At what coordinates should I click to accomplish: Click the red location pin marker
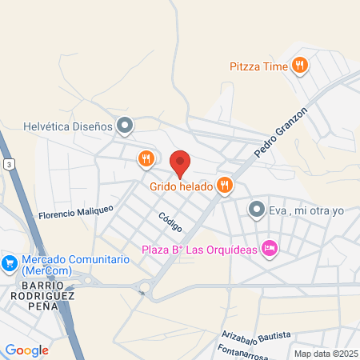click(x=180, y=163)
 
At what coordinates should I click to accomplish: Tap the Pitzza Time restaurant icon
click(x=300, y=66)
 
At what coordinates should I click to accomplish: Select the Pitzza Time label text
click(x=258, y=66)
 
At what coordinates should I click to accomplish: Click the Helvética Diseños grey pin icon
click(x=125, y=125)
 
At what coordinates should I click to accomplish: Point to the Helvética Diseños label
click(x=68, y=125)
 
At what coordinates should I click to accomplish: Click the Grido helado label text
click(x=180, y=186)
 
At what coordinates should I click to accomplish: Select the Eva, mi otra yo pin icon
click(x=257, y=210)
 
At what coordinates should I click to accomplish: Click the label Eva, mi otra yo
click(x=306, y=210)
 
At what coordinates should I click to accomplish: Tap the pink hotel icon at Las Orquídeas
click(x=270, y=249)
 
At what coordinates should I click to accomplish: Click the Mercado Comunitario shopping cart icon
click(x=10, y=262)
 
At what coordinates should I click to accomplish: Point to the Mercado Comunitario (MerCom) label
click(x=75, y=266)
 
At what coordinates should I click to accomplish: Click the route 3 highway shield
click(x=8, y=164)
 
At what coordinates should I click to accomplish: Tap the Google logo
click(x=27, y=350)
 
